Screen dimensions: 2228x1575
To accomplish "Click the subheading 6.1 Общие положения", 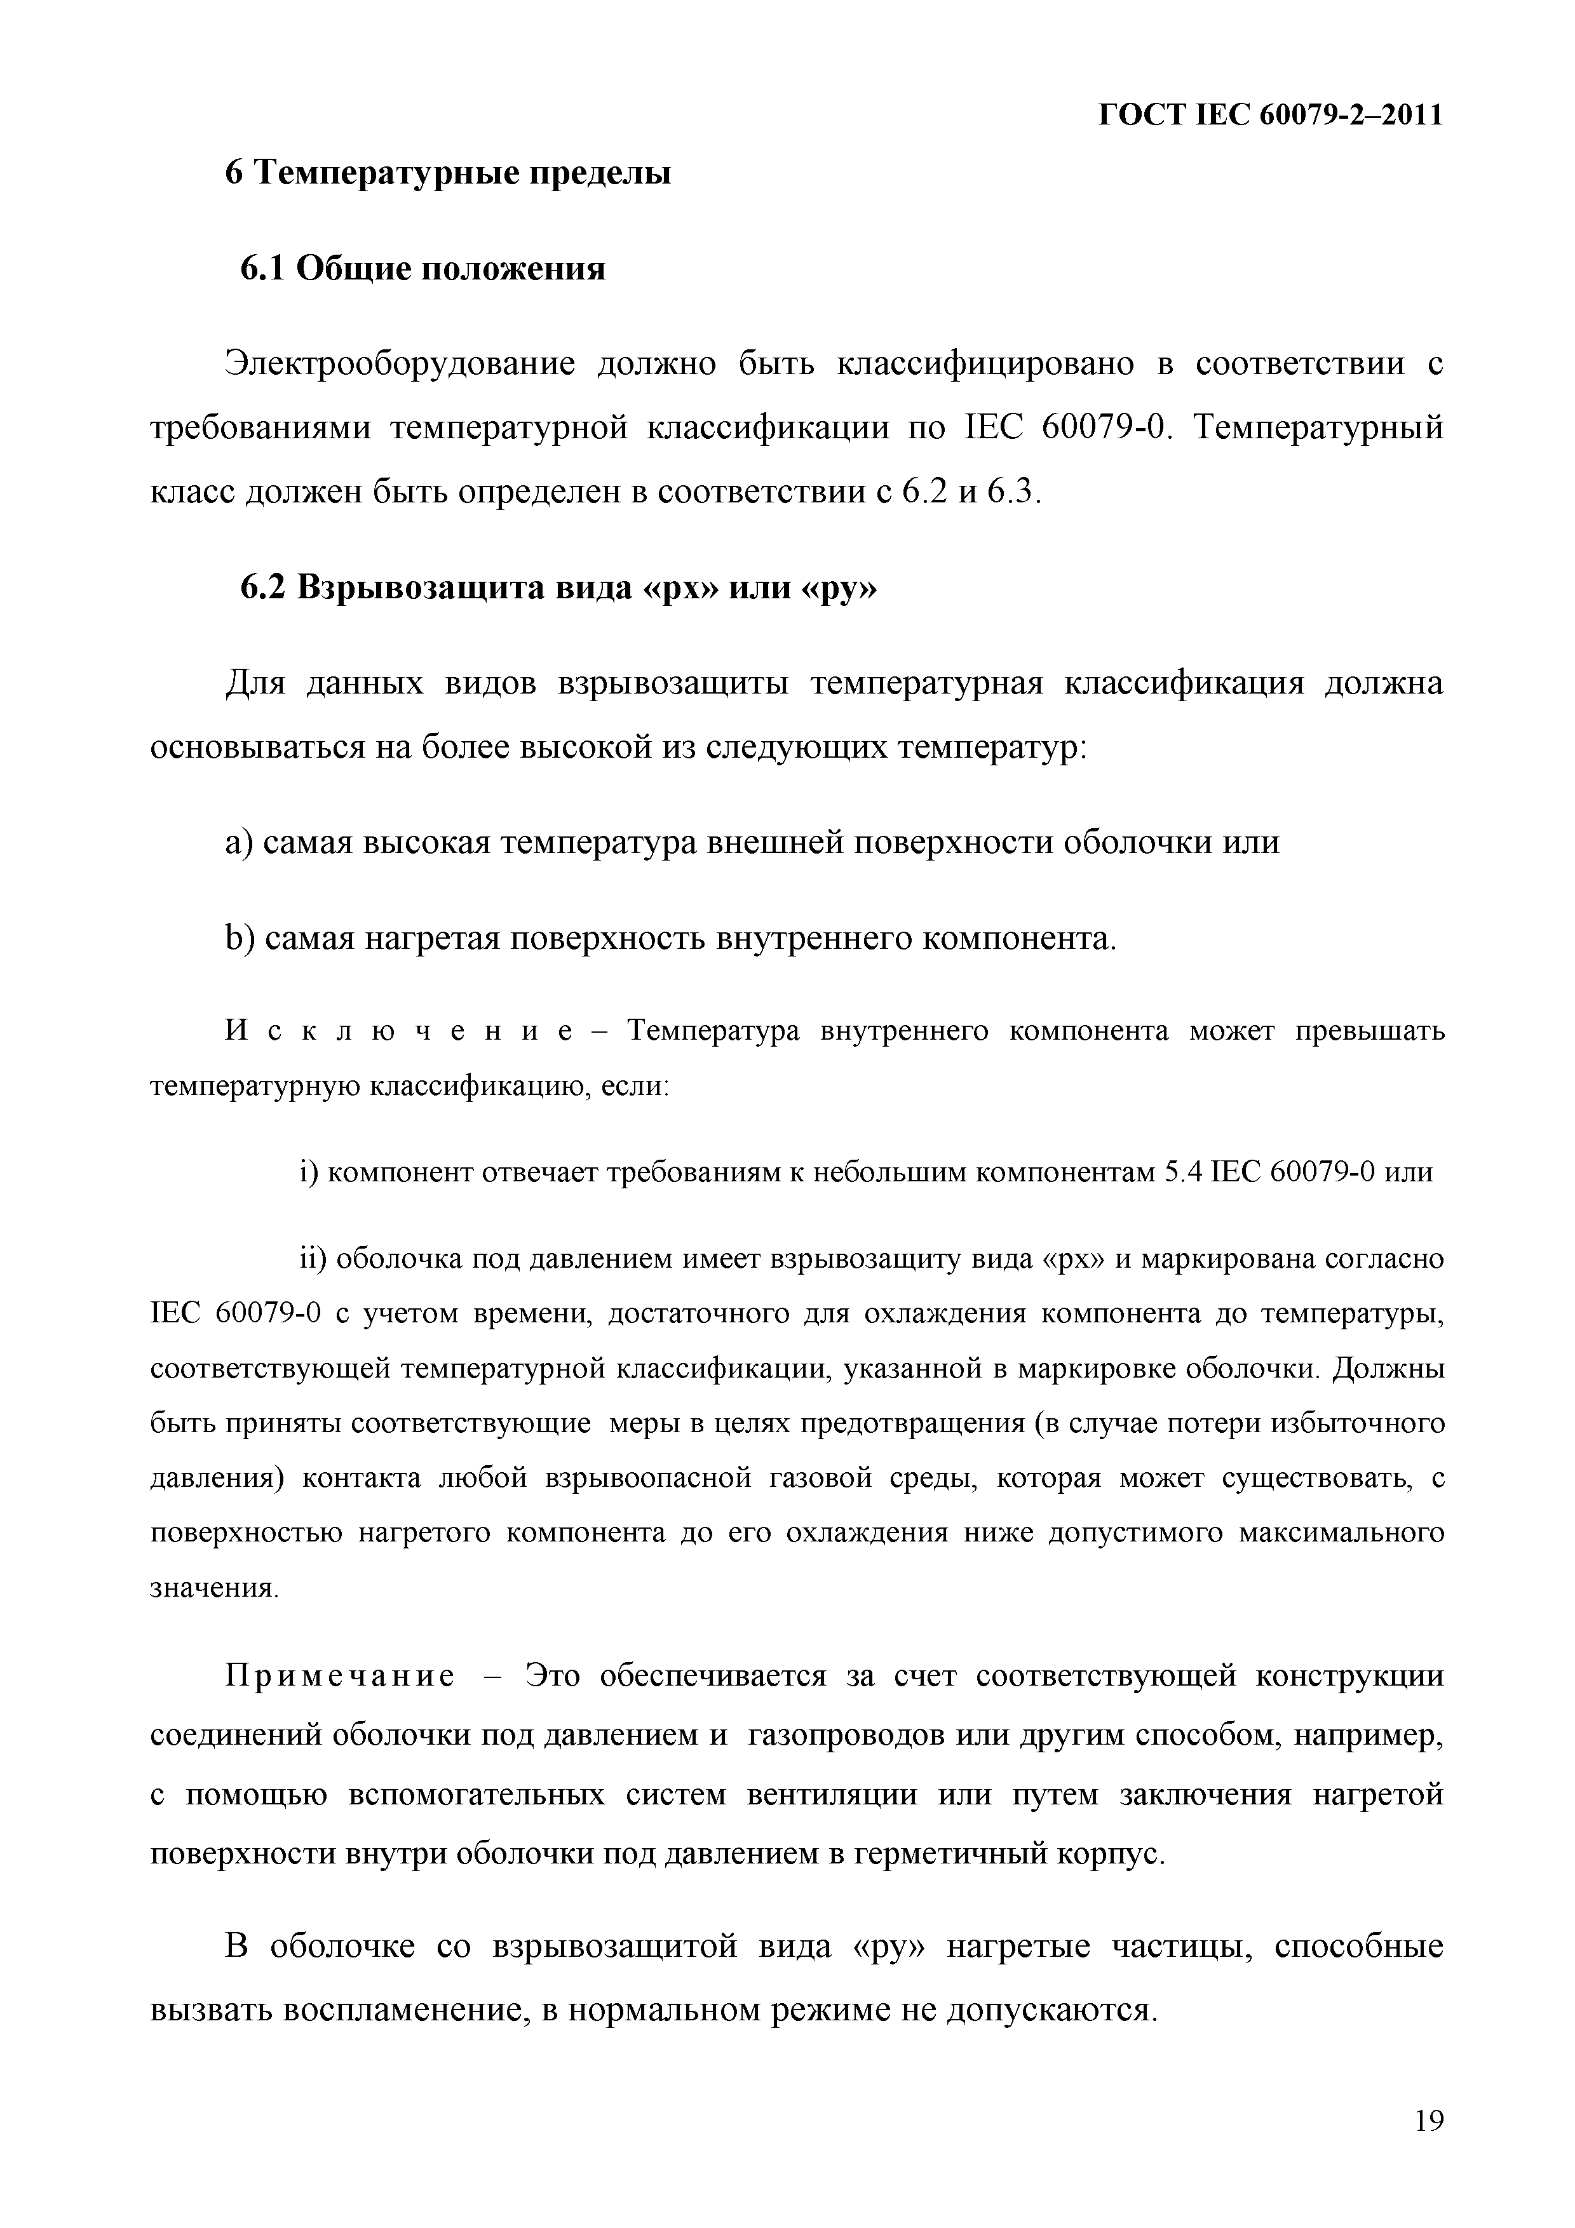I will pos(423,268).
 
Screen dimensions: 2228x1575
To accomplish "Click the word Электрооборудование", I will pos(401,364).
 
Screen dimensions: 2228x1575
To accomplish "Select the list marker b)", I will pos(240,938).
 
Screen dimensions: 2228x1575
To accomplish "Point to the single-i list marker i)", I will pos(309,1172).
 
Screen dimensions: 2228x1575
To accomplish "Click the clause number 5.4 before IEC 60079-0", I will pos(1184,1172).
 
